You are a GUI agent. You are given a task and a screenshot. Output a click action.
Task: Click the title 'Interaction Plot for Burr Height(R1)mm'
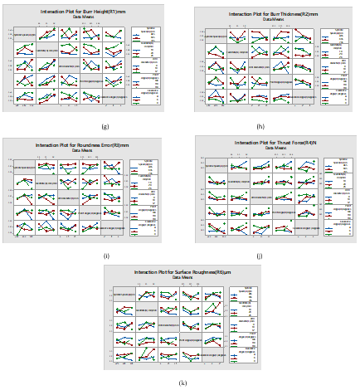point(83,11)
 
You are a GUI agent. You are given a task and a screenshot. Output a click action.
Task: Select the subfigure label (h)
point(260,126)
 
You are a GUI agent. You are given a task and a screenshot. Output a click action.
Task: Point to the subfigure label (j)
point(260,256)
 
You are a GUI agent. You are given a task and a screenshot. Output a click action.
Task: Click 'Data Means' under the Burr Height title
point(83,16)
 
